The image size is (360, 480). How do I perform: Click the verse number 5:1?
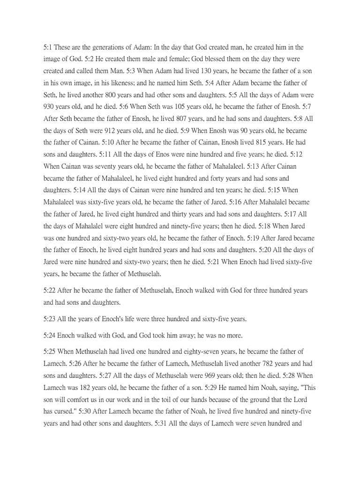49,47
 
